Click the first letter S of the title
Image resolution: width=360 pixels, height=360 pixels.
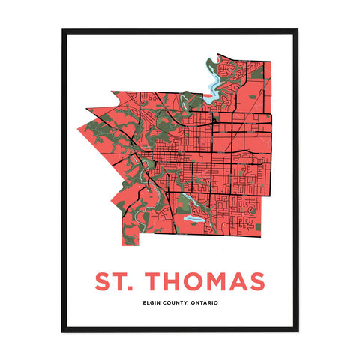click(x=103, y=281)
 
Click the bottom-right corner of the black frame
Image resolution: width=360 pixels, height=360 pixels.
click(x=297, y=330)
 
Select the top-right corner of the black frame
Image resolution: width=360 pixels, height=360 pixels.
click(x=297, y=31)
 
